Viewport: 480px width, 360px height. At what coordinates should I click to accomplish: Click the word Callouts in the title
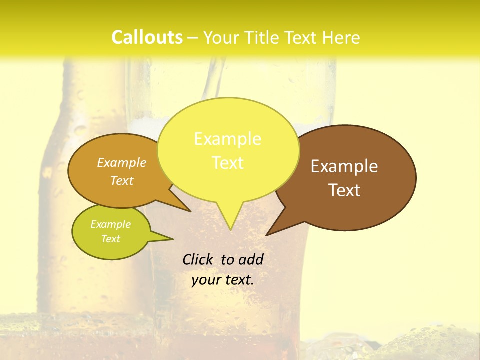(x=147, y=38)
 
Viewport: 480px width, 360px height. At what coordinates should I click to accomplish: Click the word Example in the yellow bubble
(x=227, y=139)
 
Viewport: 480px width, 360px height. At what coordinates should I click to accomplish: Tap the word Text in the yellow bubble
(x=228, y=163)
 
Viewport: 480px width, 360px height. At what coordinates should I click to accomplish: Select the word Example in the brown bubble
(x=344, y=166)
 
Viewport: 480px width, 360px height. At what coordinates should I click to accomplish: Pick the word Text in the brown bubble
(x=345, y=190)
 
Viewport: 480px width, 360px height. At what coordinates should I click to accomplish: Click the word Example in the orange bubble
(x=122, y=163)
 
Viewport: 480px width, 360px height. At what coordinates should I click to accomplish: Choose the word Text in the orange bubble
(x=122, y=181)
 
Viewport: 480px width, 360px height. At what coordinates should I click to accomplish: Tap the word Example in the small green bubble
(x=110, y=224)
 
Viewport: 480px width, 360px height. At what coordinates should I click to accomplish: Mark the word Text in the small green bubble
(x=110, y=239)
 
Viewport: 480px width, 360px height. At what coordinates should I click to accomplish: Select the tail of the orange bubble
(x=185, y=207)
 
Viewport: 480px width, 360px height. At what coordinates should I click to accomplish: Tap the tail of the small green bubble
(x=167, y=238)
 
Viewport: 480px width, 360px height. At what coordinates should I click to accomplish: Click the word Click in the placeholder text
(x=198, y=259)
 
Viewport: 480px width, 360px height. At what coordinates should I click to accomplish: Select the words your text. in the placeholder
(x=223, y=280)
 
